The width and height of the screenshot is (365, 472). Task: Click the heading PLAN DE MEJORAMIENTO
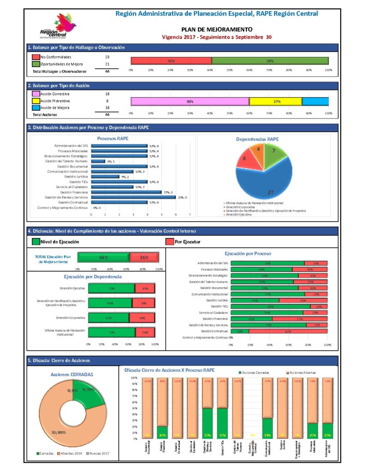coord(216,29)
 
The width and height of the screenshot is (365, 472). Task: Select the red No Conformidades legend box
coord(36,57)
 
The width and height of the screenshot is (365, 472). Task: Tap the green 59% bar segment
coord(270,61)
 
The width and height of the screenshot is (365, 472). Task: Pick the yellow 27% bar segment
coord(275,101)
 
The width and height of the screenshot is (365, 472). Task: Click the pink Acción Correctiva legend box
coord(36,94)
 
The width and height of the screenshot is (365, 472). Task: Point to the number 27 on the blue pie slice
coord(271,192)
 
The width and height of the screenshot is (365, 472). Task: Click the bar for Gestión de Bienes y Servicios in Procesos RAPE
coord(133,197)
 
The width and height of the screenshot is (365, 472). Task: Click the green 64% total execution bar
coord(103,258)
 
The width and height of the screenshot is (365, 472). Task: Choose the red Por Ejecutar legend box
coord(169,241)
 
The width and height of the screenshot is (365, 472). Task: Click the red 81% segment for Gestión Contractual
coord(287,331)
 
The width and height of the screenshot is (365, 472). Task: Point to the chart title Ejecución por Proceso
coord(247,253)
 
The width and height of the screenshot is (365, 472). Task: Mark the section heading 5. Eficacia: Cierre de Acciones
coord(59,360)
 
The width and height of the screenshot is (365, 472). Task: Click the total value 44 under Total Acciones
coord(107,114)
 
